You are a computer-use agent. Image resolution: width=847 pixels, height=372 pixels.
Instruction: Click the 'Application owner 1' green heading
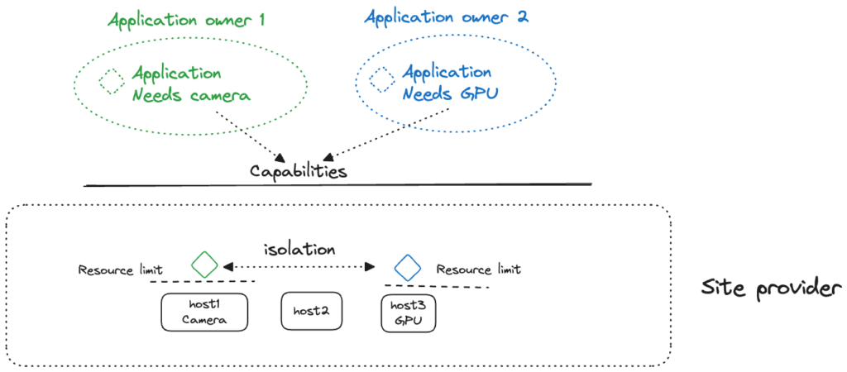pyautogui.click(x=186, y=20)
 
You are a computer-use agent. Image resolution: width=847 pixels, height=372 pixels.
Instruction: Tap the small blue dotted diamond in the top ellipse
pyautogui.click(x=381, y=80)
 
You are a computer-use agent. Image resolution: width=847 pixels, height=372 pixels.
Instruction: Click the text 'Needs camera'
pyautogui.click(x=191, y=95)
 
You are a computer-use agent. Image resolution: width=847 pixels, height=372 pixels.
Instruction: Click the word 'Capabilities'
pyautogui.click(x=298, y=171)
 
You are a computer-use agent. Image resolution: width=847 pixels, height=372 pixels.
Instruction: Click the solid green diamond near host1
pyautogui.click(x=203, y=265)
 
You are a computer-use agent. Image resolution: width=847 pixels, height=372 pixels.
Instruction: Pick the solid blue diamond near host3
pyautogui.click(x=408, y=266)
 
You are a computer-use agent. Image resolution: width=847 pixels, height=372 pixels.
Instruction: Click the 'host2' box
pyautogui.click(x=312, y=311)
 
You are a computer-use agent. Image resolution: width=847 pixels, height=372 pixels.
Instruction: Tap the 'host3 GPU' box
pyautogui.click(x=409, y=312)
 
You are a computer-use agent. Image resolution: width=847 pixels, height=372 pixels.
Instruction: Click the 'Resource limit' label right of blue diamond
pyautogui.click(x=478, y=269)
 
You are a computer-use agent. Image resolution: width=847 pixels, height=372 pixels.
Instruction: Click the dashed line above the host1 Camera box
pyautogui.click(x=202, y=284)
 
